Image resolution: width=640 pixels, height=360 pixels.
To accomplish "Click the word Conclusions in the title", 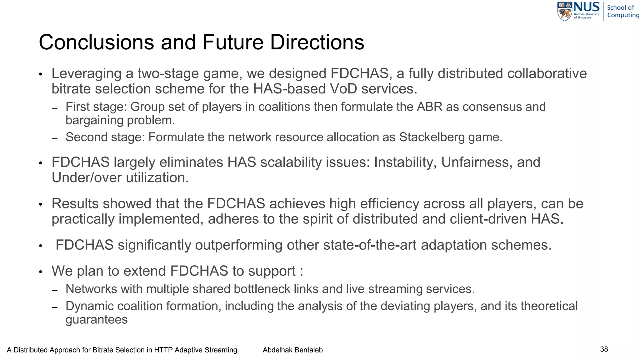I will [96, 42].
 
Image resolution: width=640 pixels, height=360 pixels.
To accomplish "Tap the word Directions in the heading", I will [317, 42].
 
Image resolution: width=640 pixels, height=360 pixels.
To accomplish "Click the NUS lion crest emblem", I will [565, 12].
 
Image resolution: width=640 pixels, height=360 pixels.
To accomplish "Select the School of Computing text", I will [623, 11].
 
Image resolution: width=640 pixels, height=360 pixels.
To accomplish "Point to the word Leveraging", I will [87, 74].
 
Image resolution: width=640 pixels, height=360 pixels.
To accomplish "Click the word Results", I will [75, 204].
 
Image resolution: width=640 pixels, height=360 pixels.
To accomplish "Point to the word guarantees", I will [97, 320].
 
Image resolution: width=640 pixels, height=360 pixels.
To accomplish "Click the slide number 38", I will [604, 349].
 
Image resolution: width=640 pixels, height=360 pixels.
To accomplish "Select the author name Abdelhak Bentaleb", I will [292, 350].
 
